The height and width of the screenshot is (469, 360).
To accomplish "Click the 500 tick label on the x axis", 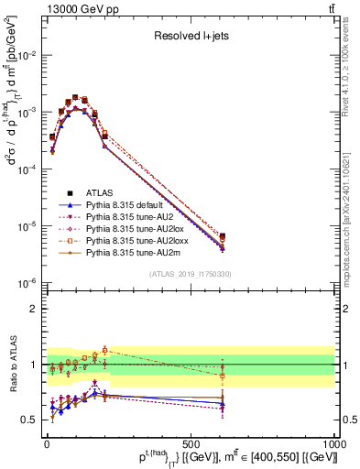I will (191, 443).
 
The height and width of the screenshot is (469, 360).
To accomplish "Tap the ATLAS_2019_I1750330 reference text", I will (189, 274).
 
